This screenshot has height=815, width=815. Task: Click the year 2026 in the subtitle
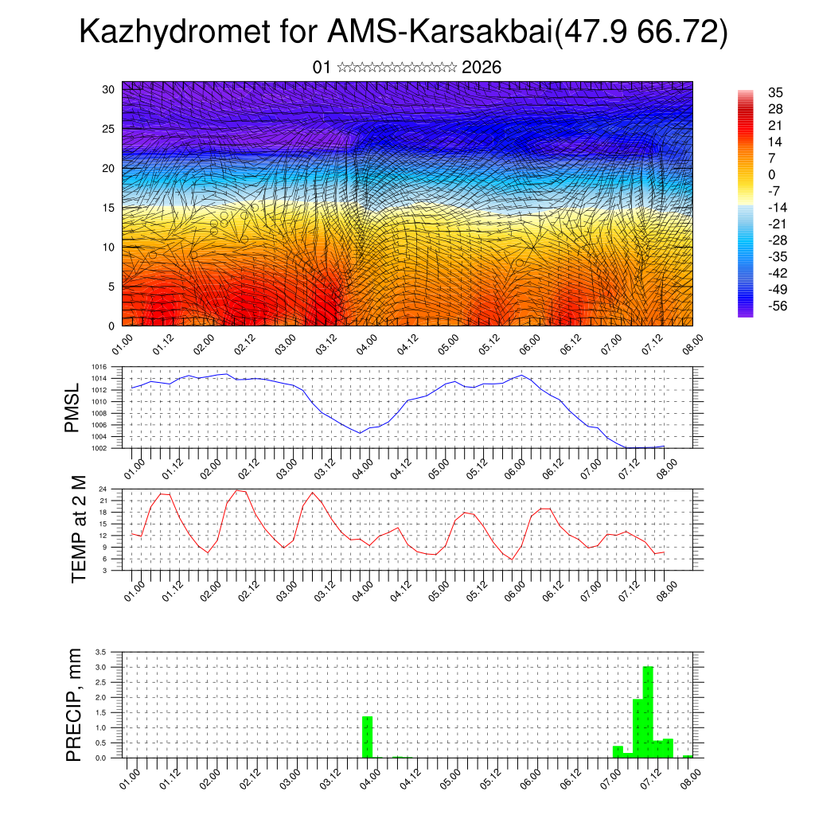481,68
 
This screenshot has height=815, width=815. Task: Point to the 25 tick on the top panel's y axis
109,128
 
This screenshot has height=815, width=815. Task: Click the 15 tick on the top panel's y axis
109,208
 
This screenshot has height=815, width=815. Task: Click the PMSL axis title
72,408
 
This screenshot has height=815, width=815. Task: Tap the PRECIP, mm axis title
74,704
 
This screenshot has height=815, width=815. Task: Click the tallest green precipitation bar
648,712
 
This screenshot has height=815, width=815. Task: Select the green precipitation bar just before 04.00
367,737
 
